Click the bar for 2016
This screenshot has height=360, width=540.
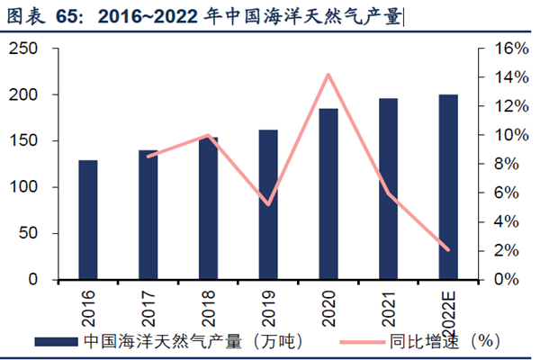[88, 220]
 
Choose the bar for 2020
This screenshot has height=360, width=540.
[328, 193]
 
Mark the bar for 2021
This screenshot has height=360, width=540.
[388, 189]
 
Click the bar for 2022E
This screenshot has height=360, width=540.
[448, 187]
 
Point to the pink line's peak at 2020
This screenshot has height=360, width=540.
[328, 75]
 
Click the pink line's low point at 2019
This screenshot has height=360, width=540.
[268, 204]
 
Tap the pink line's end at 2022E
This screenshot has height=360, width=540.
[448, 249]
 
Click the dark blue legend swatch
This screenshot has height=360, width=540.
[57, 342]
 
